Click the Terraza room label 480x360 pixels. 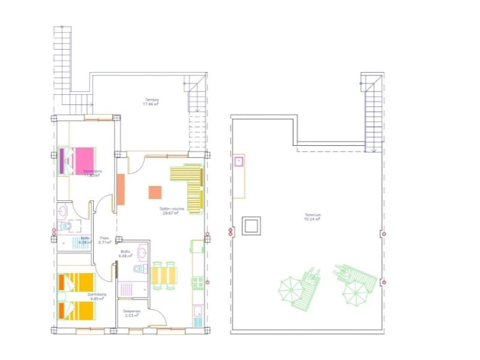click(151, 100)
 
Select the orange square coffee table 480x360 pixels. click(155, 192)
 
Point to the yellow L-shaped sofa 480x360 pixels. click(191, 186)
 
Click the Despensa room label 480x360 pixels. click(132, 312)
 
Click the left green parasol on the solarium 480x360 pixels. click(290, 288)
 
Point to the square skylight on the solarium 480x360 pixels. click(250, 226)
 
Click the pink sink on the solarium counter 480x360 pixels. click(238, 161)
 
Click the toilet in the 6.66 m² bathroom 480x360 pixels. click(140, 268)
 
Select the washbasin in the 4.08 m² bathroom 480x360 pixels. click(64, 211)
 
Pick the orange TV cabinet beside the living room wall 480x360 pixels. click(120, 190)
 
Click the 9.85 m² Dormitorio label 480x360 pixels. click(97, 296)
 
